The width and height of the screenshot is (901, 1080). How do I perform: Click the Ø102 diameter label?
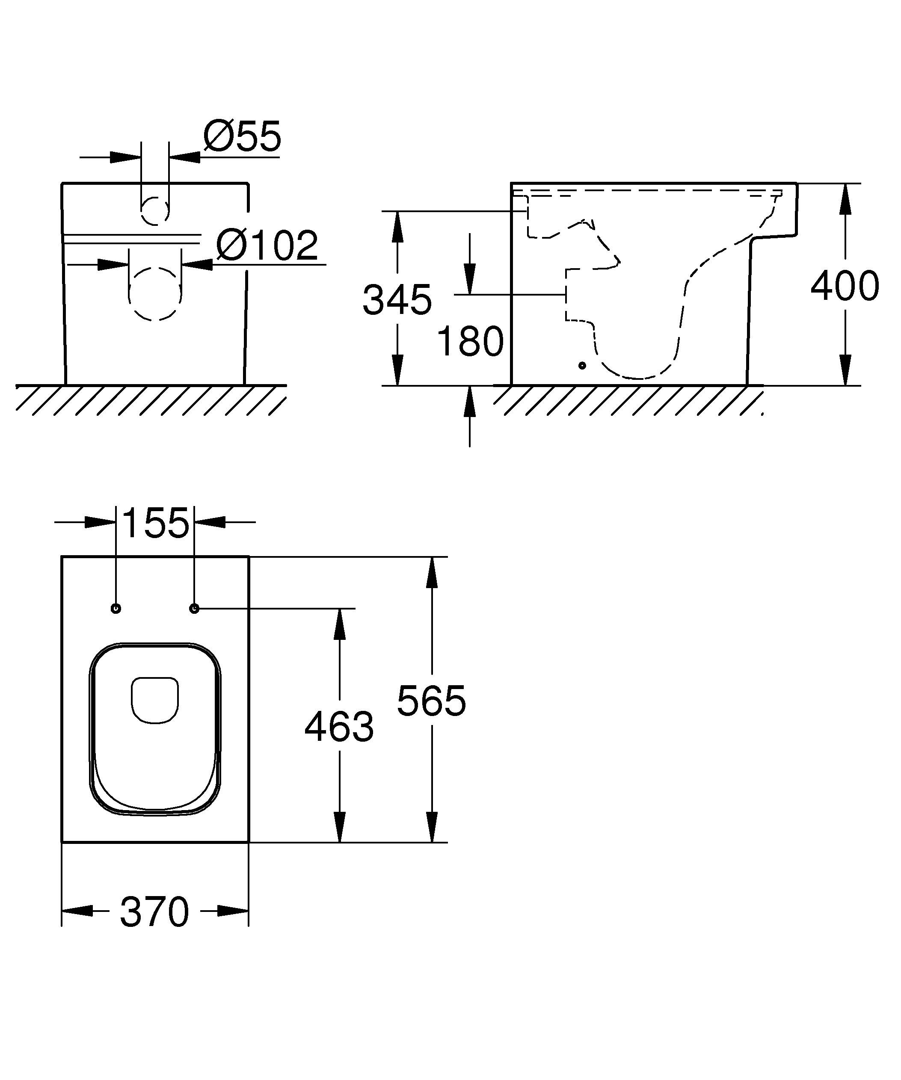click(267, 246)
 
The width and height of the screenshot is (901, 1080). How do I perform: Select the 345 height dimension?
click(397, 299)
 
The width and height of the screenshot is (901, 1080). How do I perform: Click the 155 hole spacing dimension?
click(155, 523)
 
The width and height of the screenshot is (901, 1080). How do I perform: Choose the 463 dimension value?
click(339, 727)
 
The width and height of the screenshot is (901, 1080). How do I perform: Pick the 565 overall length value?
click(431, 701)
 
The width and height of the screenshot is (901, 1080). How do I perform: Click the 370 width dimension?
click(155, 912)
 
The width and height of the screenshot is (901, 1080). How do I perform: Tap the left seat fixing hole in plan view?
click(116, 608)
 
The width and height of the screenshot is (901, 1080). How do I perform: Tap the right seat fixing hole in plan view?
click(194, 608)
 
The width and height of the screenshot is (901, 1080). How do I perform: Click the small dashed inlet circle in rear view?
click(155, 211)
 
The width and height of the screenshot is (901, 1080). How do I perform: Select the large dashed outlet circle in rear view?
click(155, 294)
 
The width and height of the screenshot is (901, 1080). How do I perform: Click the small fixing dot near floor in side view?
click(582, 365)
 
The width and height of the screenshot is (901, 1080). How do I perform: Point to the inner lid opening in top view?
click(155, 699)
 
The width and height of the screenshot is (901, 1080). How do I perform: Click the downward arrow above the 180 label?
click(469, 278)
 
